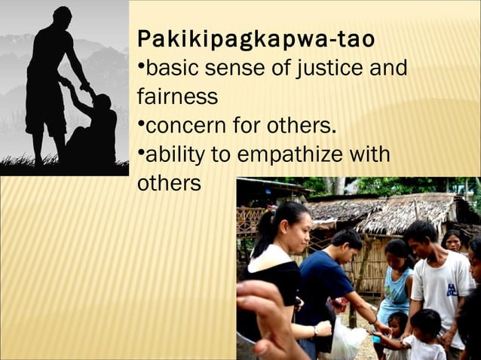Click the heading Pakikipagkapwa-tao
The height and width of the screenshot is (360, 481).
click(x=256, y=39)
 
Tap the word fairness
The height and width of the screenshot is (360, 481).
click(x=177, y=97)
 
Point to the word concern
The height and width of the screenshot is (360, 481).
click(x=180, y=125)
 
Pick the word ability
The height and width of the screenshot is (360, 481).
click(x=173, y=154)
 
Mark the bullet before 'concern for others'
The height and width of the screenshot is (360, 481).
click(x=140, y=123)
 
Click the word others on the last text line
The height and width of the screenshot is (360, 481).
click(x=169, y=183)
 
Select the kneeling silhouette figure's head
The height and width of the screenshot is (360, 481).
click(x=101, y=102)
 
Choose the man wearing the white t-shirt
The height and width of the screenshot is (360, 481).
click(x=441, y=286)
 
